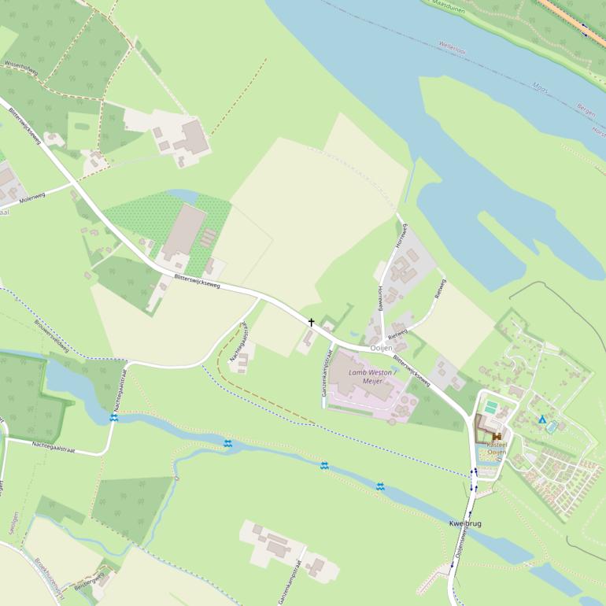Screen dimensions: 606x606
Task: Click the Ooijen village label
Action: click(381, 348)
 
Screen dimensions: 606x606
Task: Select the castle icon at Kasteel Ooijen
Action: click(497, 436)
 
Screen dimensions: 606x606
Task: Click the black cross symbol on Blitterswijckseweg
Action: click(311, 322)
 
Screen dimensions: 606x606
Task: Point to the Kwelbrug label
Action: click(464, 523)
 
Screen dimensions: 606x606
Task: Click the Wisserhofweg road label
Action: click(21, 68)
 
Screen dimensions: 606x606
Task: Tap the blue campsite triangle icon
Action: click(542, 419)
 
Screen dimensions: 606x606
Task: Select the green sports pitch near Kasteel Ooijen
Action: click(490, 407)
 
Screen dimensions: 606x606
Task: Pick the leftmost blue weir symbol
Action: click(114, 418)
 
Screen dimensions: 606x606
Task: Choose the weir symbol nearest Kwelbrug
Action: click(380, 486)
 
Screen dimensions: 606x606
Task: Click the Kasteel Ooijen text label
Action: click(497, 448)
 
